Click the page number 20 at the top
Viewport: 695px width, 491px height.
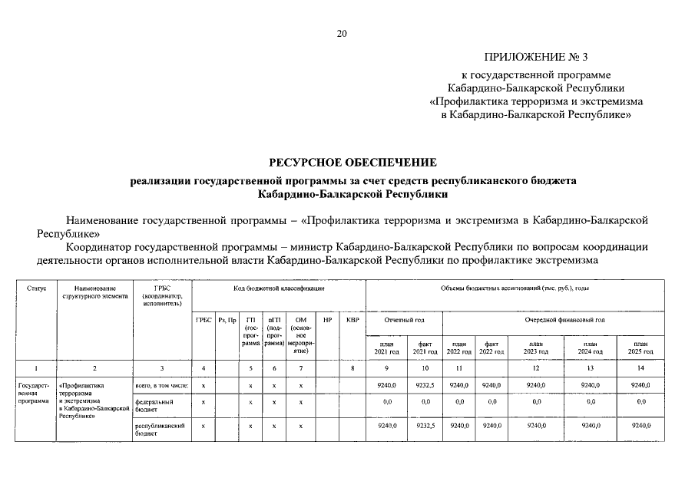click(x=342, y=33)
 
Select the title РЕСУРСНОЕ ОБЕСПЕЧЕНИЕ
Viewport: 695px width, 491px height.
click(x=352, y=162)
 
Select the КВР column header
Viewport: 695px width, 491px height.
click(x=352, y=319)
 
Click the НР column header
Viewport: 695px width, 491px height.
click(x=327, y=319)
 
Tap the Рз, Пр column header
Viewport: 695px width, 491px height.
click(x=227, y=319)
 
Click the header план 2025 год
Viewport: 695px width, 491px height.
click(x=640, y=348)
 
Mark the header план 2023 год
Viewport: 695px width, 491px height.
click(x=536, y=348)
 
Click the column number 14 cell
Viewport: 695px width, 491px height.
click(x=640, y=368)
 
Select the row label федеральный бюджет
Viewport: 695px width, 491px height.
click(x=151, y=405)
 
